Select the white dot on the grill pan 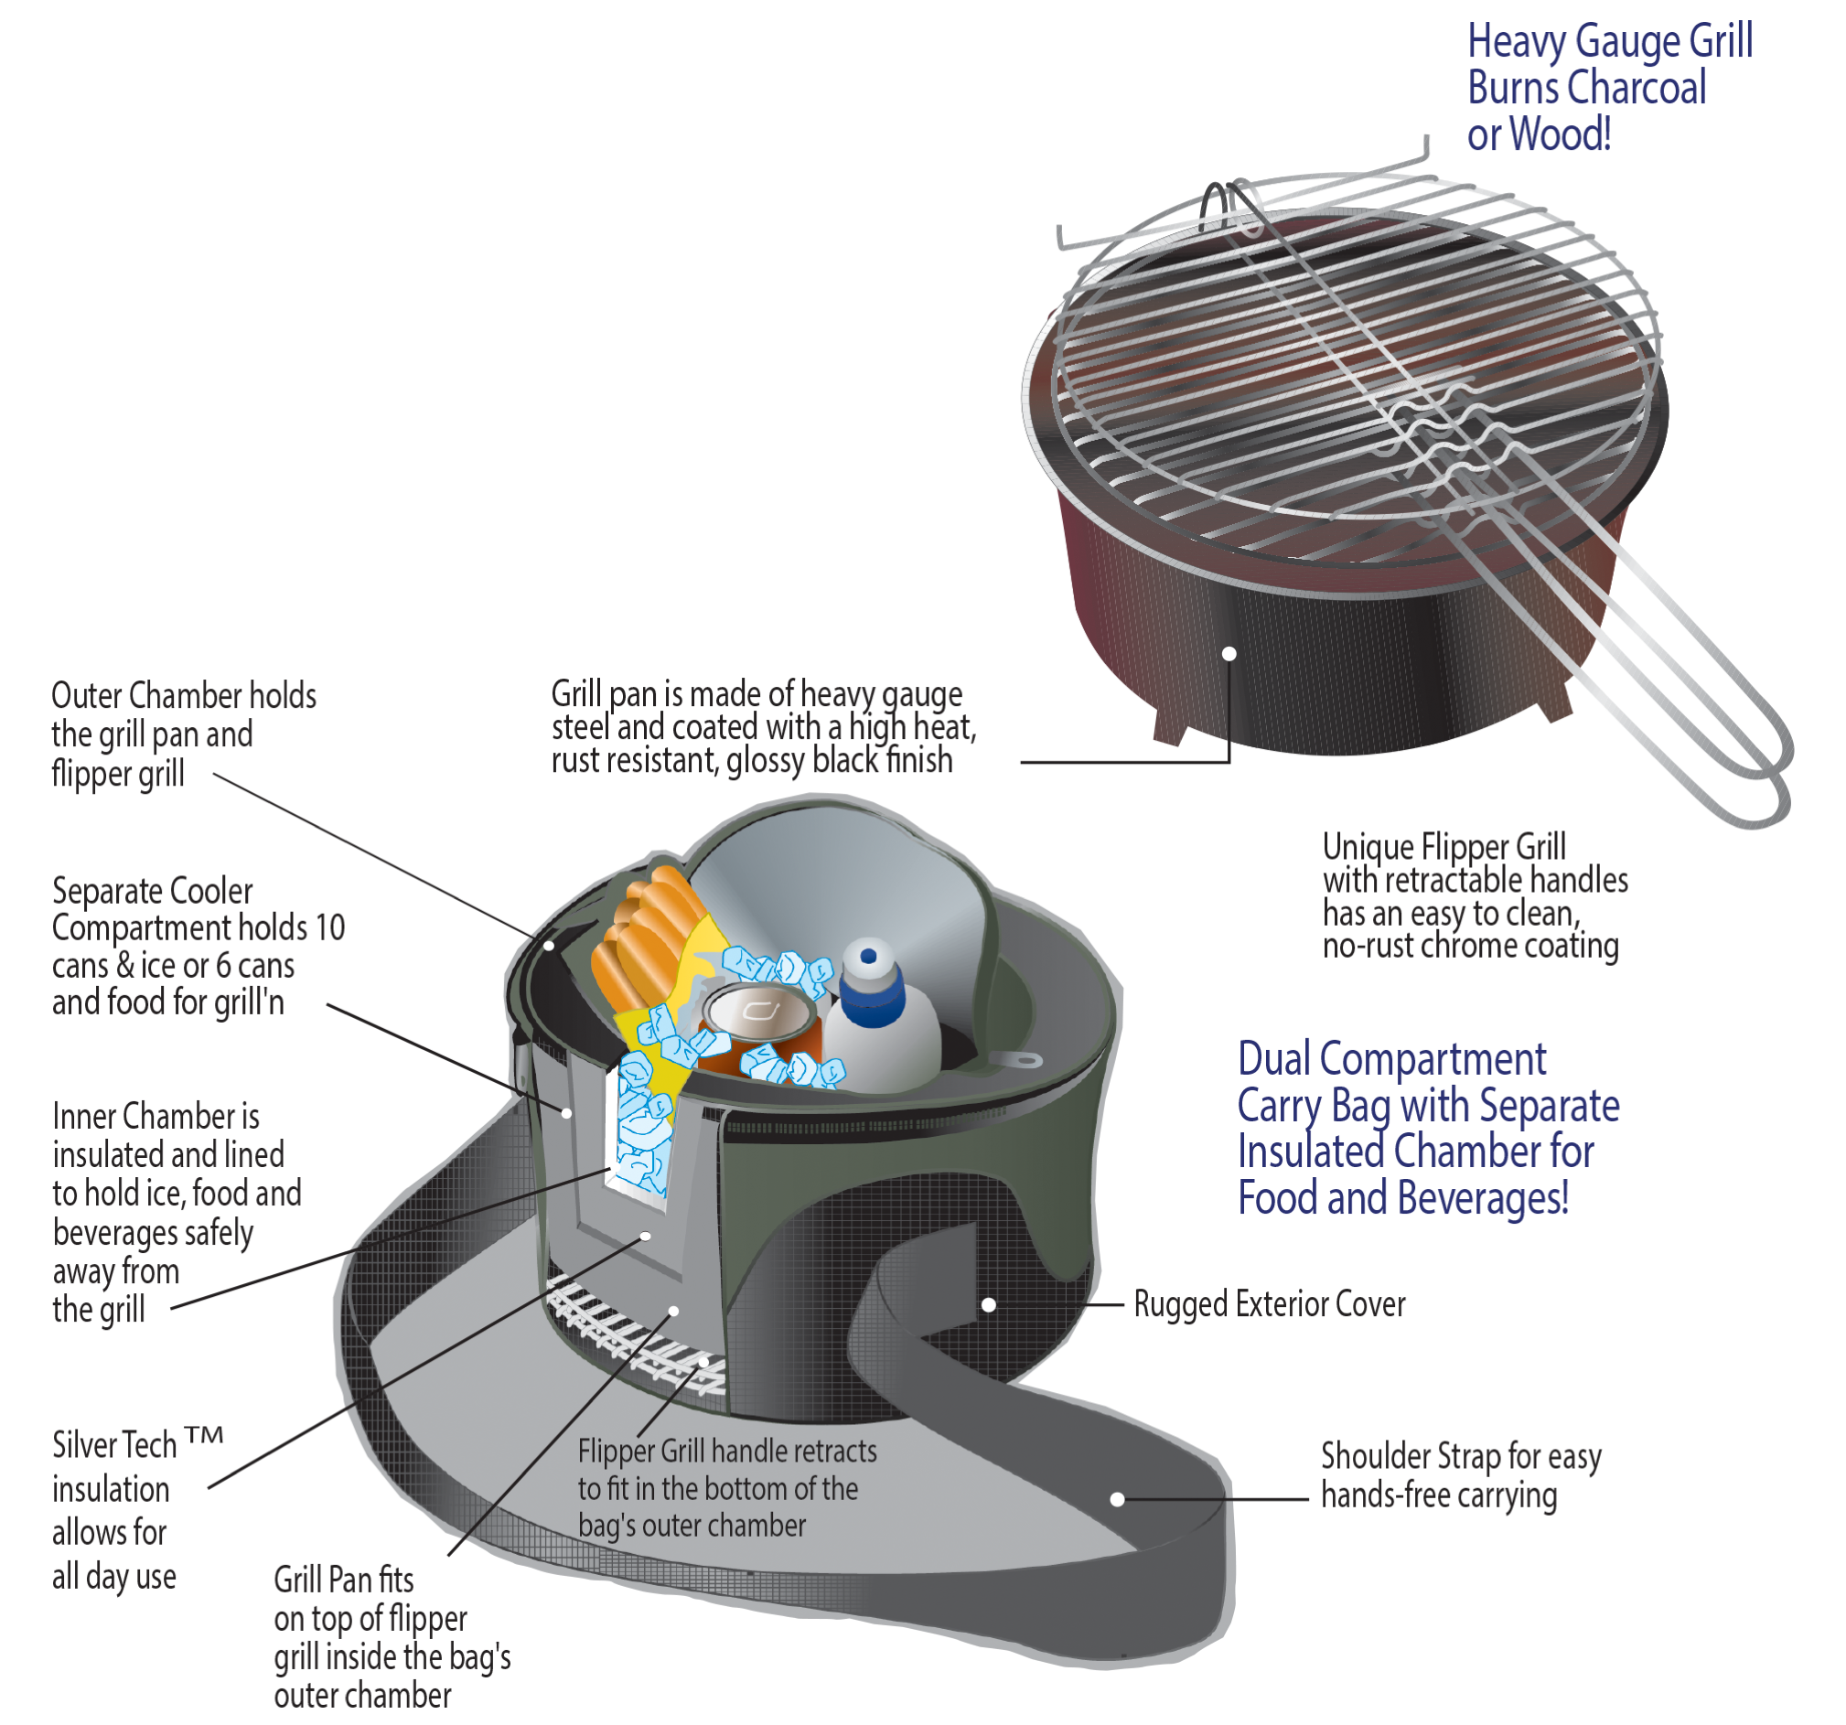(x=1229, y=654)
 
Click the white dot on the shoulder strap (x=1117, y=1499)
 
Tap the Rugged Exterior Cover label (x=1270, y=1304)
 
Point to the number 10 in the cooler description (x=329, y=927)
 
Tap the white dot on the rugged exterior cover (x=989, y=1305)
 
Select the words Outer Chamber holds (x=184, y=695)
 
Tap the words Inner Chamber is (x=156, y=1116)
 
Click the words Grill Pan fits (x=344, y=1580)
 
